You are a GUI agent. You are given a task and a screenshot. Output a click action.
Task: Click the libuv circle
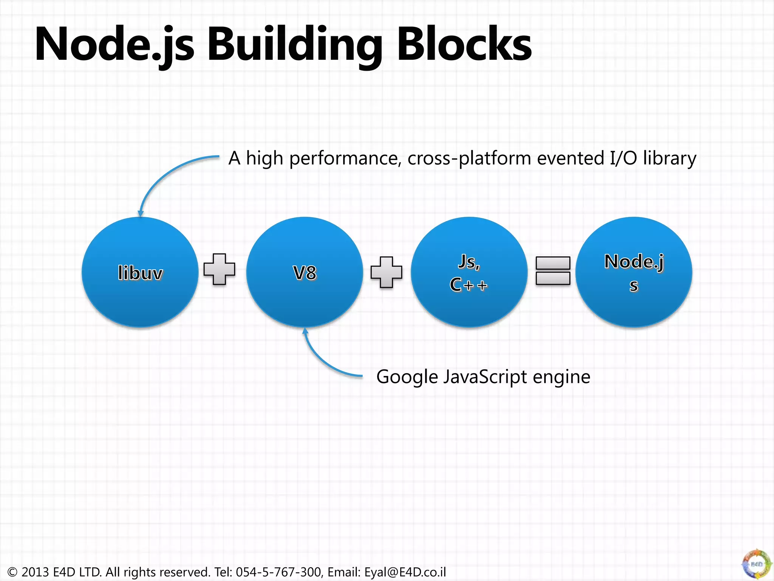(x=140, y=272)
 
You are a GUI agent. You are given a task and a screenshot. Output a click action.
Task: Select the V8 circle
(x=305, y=272)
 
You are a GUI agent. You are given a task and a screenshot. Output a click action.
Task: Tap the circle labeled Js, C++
(x=469, y=272)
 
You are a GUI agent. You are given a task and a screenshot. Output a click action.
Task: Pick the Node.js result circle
(x=634, y=272)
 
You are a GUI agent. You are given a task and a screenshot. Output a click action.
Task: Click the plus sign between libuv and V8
(x=220, y=269)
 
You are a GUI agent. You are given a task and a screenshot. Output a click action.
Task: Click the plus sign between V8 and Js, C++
(x=386, y=272)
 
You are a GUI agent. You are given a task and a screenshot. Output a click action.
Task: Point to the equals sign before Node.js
(x=553, y=270)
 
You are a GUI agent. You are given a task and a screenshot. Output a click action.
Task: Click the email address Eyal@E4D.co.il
(x=405, y=572)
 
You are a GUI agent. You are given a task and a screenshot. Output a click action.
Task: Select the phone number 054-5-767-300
(x=279, y=572)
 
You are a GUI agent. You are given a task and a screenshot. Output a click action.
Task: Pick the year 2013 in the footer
(x=35, y=572)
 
